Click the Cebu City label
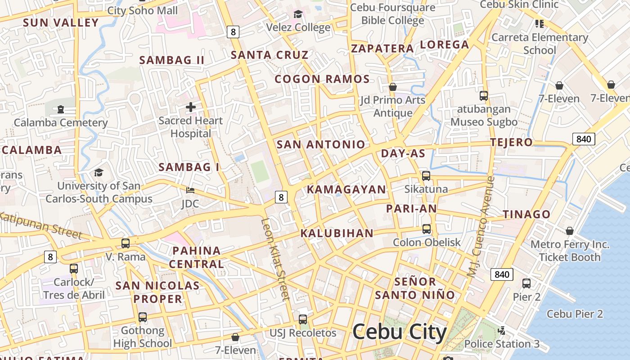400,332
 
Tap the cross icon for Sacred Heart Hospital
191,107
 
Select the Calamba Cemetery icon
61,109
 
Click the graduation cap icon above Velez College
298,14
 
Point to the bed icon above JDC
190,190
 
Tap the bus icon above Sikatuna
426,176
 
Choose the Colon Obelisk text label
427,243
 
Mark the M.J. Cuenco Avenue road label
481,226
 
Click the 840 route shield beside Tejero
583,139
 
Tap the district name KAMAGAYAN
346,189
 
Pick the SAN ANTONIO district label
320,144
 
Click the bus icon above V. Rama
126,243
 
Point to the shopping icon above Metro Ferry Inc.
570,231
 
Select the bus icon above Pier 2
526,283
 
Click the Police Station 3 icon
501,331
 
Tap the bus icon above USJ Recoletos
303,319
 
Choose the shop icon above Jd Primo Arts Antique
393,87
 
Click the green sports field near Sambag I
260,171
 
